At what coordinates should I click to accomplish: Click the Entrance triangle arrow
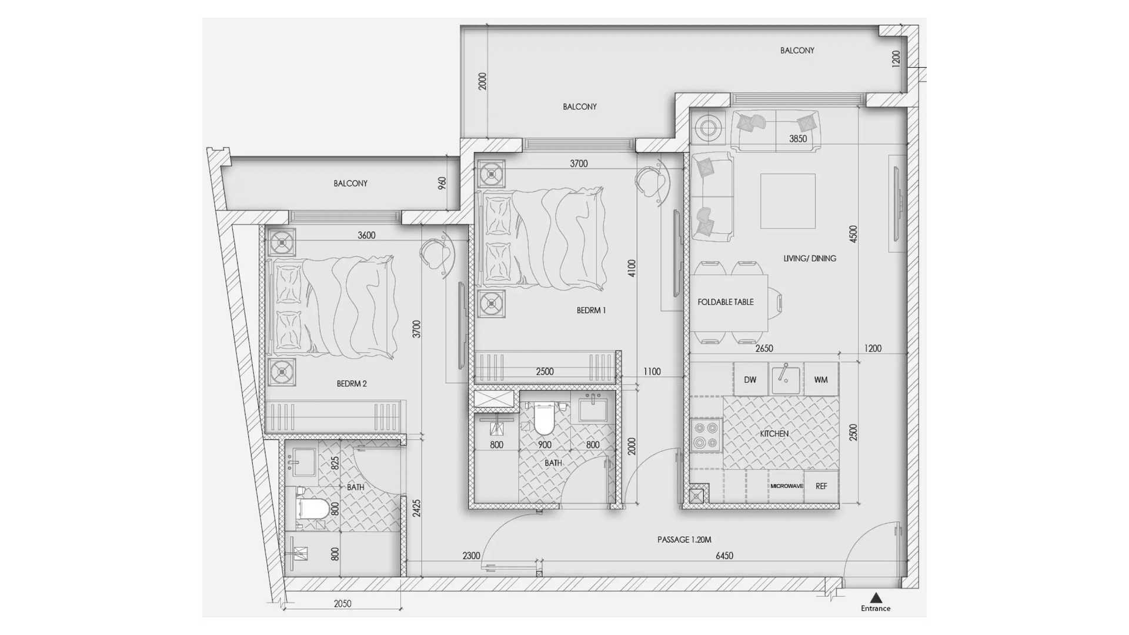(x=876, y=598)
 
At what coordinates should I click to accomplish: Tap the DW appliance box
(x=750, y=379)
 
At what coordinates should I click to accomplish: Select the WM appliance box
(x=821, y=379)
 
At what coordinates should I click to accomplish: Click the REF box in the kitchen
(x=821, y=486)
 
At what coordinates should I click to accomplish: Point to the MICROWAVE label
(x=786, y=486)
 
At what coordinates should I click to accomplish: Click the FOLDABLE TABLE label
(x=726, y=302)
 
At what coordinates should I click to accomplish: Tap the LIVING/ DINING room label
(x=810, y=258)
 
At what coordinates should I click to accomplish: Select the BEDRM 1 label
(x=591, y=310)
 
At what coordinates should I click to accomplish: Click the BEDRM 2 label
(x=352, y=384)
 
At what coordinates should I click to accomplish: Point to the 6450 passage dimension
(x=724, y=556)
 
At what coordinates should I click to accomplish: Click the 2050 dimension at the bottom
(x=342, y=604)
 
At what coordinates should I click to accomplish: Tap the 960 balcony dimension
(x=442, y=183)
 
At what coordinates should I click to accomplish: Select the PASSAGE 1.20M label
(x=684, y=540)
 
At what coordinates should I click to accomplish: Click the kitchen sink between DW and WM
(x=786, y=379)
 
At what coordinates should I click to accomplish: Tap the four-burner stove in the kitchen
(x=706, y=435)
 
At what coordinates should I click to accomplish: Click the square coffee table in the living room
(x=788, y=201)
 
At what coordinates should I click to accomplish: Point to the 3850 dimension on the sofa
(x=798, y=139)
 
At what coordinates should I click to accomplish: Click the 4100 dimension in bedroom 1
(x=632, y=269)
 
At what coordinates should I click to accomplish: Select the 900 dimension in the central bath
(x=545, y=445)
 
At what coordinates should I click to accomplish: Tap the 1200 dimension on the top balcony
(x=896, y=59)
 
